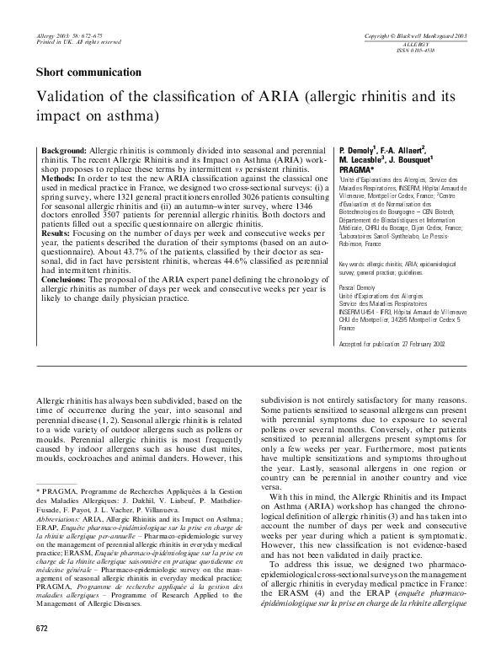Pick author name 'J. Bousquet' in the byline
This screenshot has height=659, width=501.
click(408, 159)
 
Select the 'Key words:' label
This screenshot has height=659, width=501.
click(354, 264)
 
